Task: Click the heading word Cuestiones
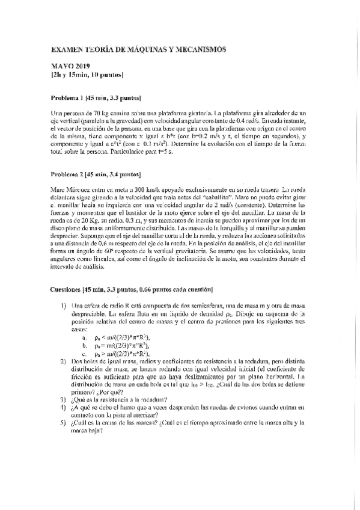click(66, 290)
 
